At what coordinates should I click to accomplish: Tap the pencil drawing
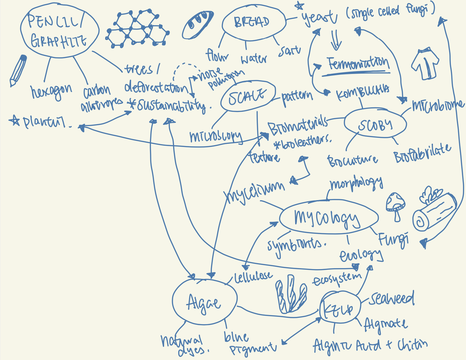[18, 70]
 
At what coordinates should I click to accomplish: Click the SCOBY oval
[375, 125]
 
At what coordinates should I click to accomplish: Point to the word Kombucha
[362, 92]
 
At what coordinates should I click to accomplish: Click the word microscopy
[216, 136]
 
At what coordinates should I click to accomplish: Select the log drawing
[435, 209]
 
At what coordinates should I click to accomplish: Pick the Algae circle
[204, 302]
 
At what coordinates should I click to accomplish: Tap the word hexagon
[51, 91]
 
